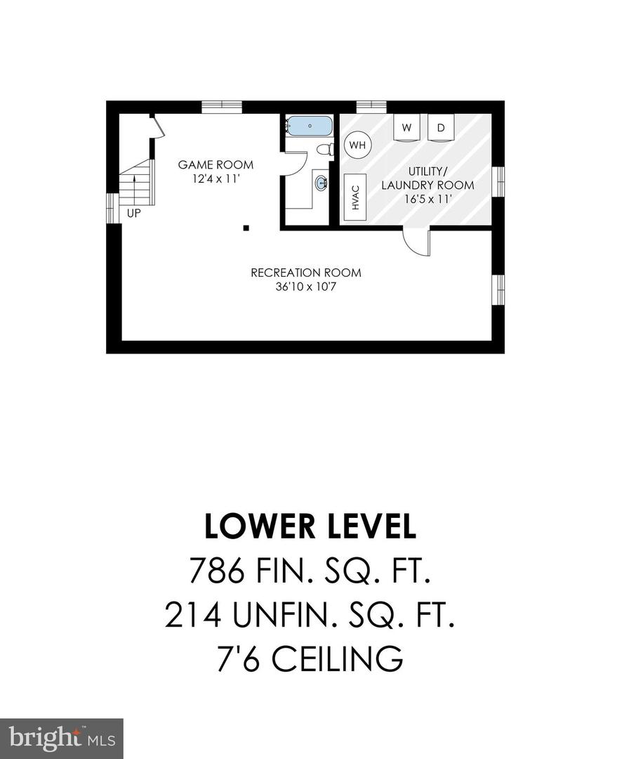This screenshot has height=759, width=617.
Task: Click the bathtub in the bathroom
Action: pyautogui.click(x=309, y=126)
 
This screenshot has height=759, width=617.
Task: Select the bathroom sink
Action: pyautogui.click(x=321, y=183)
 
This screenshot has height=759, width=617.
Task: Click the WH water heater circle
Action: pyautogui.click(x=358, y=145)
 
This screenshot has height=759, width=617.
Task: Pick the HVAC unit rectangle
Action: pyautogui.click(x=355, y=197)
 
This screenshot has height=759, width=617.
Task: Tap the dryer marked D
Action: pyautogui.click(x=441, y=128)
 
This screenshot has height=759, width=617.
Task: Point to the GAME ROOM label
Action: pyautogui.click(x=215, y=165)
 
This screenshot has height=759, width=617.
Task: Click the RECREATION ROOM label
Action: pyautogui.click(x=306, y=273)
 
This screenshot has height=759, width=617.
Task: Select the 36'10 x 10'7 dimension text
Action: pyautogui.click(x=306, y=287)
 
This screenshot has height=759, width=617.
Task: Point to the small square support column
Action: pyautogui.click(x=246, y=227)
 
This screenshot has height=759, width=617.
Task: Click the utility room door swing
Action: pyautogui.click(x=416, y=242)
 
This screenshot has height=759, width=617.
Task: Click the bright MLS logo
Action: pyautogui.click(x=61, y=739)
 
